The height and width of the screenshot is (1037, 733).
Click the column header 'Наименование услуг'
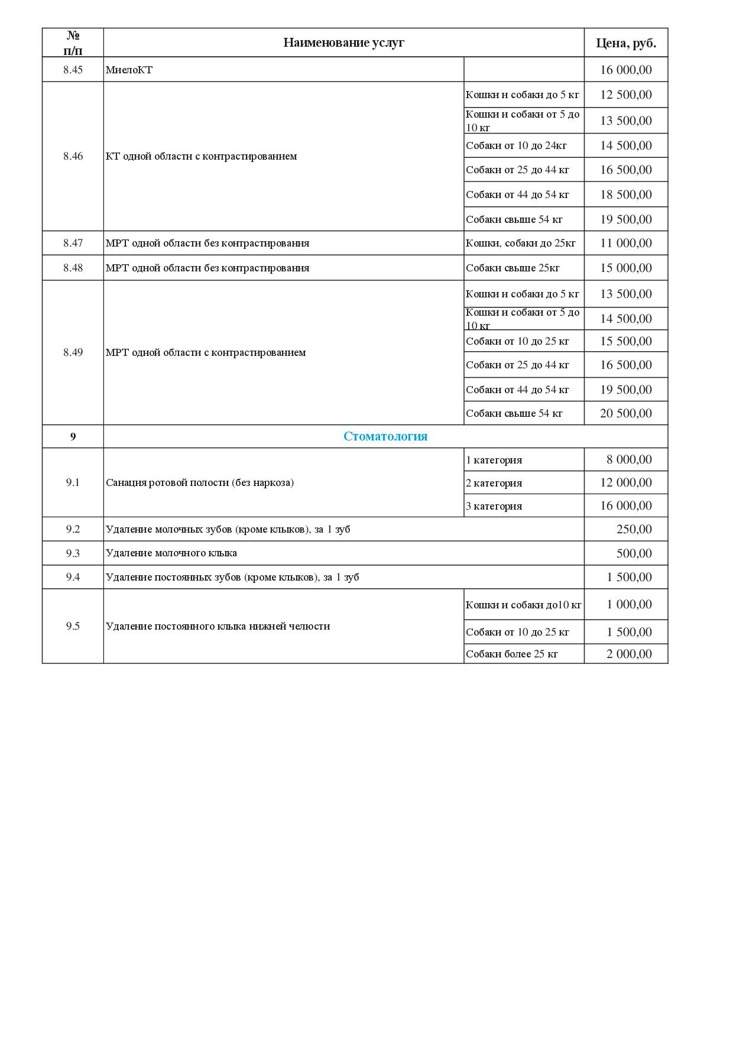[343, 43]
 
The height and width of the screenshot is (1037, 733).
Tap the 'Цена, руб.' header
[626, 43]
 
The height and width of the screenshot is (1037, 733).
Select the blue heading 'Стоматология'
[385, 436]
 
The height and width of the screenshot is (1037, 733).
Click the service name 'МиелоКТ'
[129, 70]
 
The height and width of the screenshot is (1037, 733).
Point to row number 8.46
[73, 156]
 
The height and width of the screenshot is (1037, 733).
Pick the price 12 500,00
[626, 95]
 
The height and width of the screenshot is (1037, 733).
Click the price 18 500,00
[626, 195]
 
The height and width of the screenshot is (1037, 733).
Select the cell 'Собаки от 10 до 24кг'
[516, 145]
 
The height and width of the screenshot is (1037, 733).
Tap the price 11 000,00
[626, 243]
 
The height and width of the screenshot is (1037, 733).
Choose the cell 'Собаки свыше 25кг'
[513, 268]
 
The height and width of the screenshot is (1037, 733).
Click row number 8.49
[73, 352]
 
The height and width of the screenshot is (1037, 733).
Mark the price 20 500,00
[626, 413]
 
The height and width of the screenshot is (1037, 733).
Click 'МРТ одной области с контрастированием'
[206, 352]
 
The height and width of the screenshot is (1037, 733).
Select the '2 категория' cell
[494, 483]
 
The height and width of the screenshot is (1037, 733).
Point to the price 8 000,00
[629, 459]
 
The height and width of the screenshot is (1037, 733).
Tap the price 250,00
[634, 529]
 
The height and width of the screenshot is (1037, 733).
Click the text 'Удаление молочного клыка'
[171, 553]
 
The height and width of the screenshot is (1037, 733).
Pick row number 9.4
[73, 577]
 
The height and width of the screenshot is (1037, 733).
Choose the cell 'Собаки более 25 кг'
[512, 654]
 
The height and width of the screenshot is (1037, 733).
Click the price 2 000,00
[629, 654]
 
